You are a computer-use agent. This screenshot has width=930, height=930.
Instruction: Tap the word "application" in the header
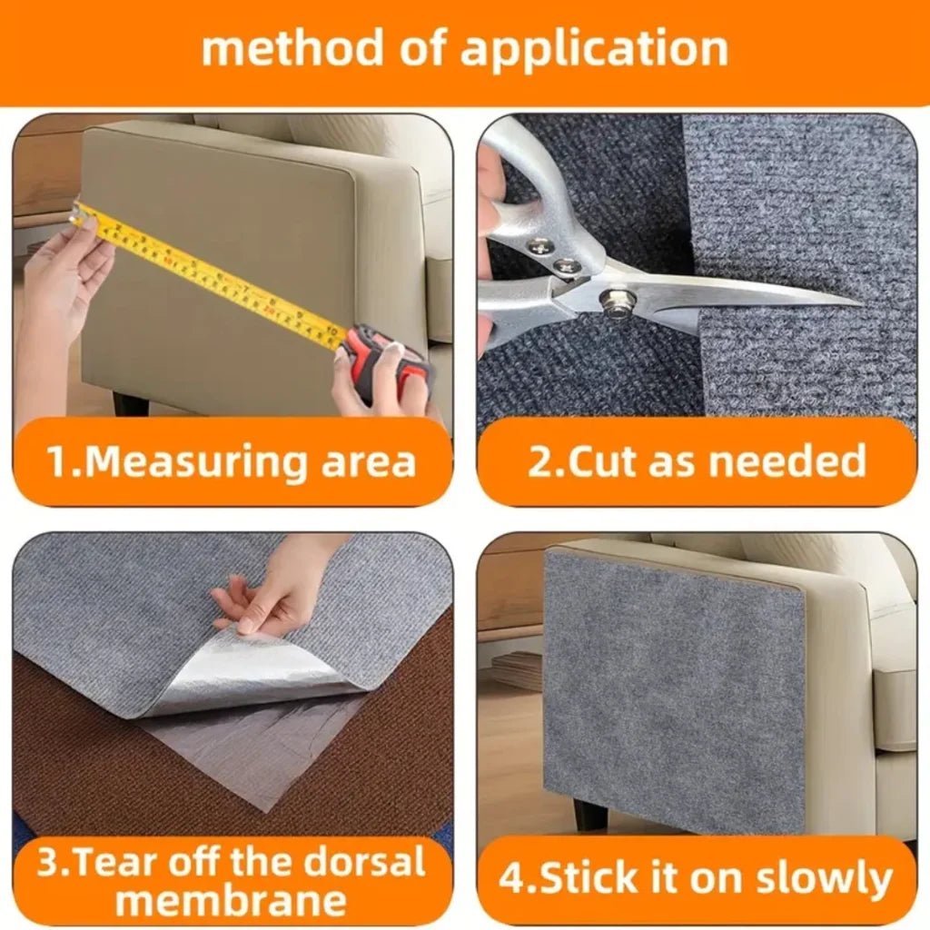(594, 49)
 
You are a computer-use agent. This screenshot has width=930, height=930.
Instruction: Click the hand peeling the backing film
(272, 590)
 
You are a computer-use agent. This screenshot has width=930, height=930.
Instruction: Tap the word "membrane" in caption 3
(231, 901)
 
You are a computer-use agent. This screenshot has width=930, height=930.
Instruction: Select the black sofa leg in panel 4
(589, 814)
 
